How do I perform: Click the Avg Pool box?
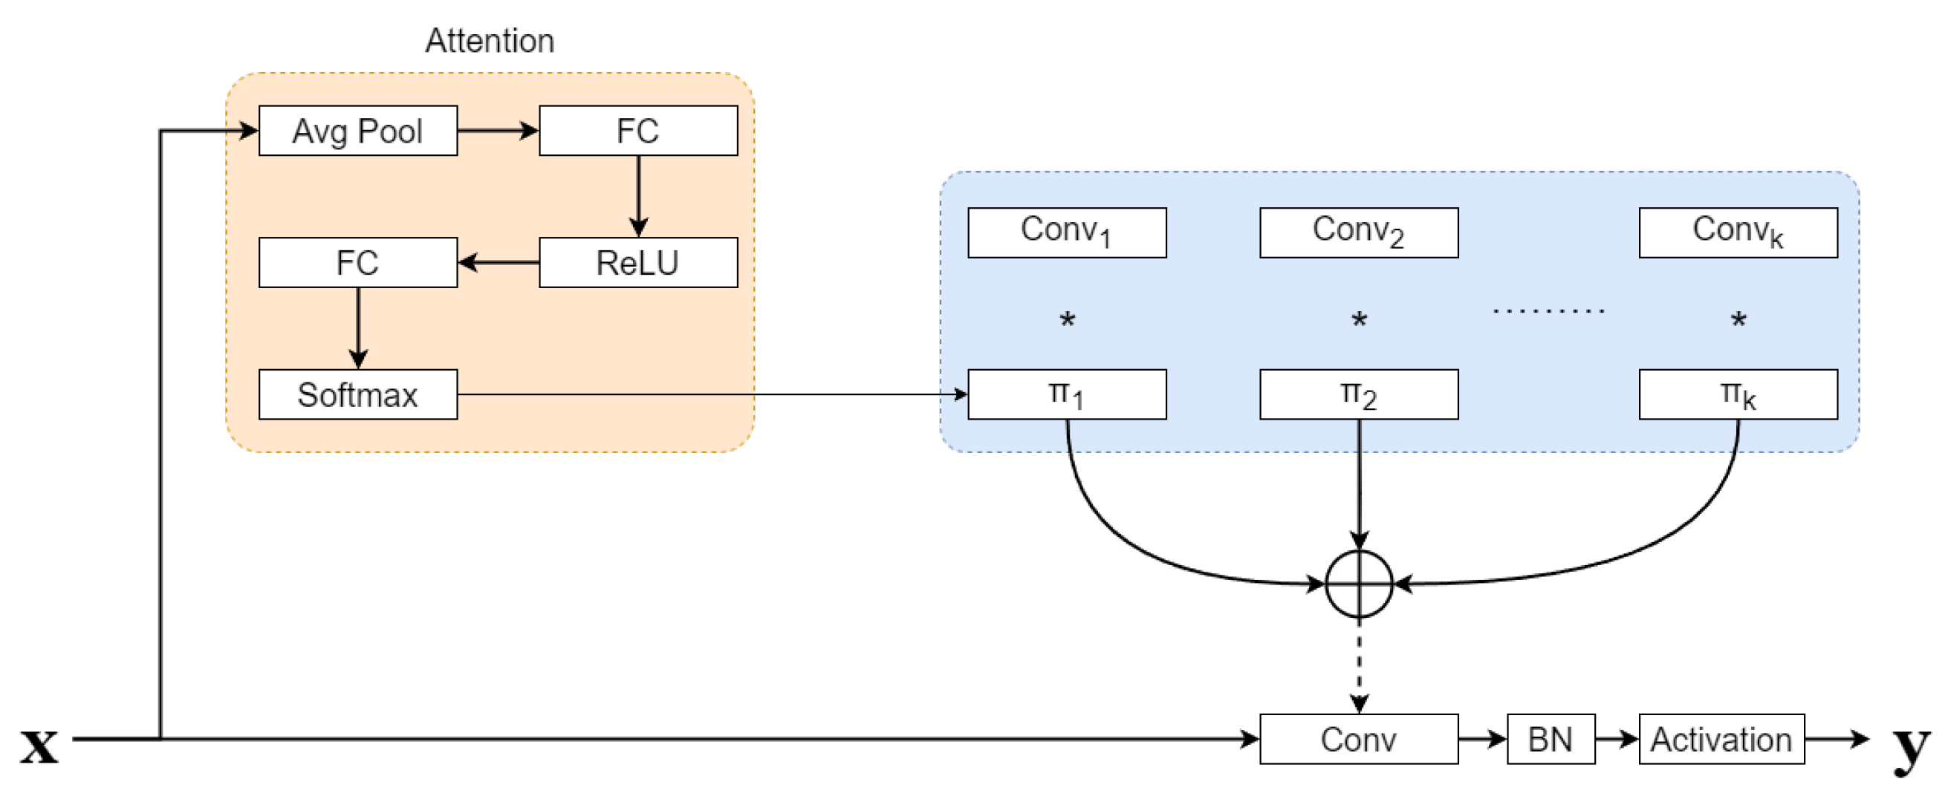(x=357, y=131)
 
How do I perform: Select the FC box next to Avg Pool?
(x=638, y=131)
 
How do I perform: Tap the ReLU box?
(x=638, y=262)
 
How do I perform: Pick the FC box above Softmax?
(x=357, y=262)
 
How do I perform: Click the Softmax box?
(x=357, y=394)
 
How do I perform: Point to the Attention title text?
(x=490, y=41)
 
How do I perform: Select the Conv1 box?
(x=1067, y=232)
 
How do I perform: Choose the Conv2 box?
(x=1359, y=232)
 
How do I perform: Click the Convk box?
(x=1738, y=232)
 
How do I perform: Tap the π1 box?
(x=1067, y=394)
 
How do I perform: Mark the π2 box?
(x=1359, y=394)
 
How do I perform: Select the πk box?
(x=1738, y=394)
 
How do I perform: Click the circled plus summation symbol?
(x=1359, y=584)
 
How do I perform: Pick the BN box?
(x=1551, y=738)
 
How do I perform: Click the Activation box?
(x=1721, y=738)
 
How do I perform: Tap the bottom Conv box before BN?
(x=1359, y=738)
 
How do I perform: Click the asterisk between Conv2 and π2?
(x=1359, y=321)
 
